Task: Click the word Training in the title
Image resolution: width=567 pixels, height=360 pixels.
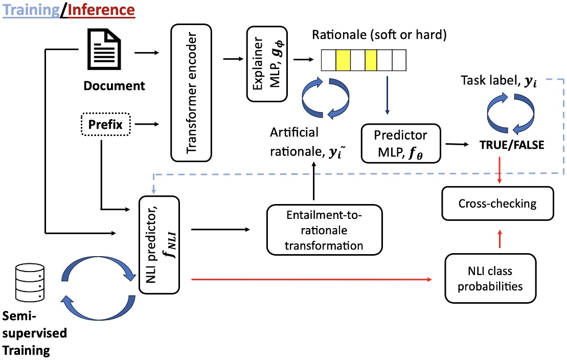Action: tap(31, 9)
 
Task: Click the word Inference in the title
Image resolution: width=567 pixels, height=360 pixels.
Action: tap(101, 9)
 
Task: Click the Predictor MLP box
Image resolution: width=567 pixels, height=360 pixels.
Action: tap(400, 144)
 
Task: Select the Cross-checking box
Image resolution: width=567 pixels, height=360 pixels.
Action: tap(497, 204)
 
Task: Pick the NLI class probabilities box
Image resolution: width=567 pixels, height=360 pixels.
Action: tap(490, 278)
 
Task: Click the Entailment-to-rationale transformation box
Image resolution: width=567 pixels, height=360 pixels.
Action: tap(324, 230)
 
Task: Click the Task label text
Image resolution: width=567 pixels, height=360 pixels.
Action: tap(500, 80)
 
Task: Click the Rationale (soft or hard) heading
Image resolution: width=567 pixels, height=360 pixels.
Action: tap(379, 36)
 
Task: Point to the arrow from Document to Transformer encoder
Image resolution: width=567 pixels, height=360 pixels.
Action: tap(149, 53)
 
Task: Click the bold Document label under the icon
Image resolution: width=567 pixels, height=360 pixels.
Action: tap(115, 85)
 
